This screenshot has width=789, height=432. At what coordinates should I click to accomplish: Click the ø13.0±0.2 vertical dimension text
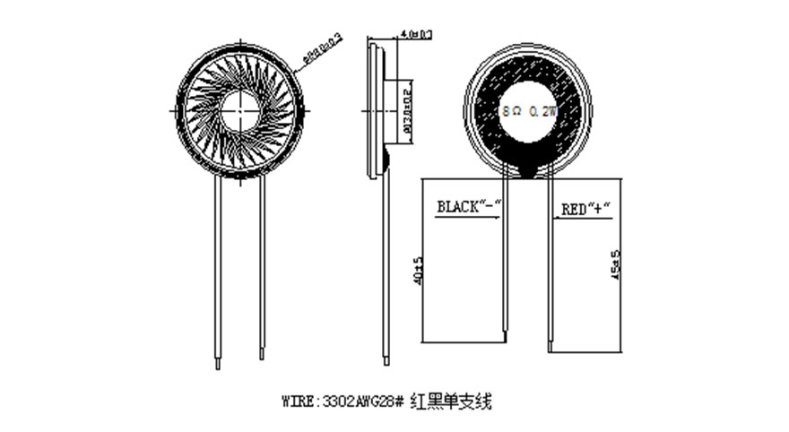(408, 108)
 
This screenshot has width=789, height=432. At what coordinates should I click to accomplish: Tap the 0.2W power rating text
(543, 112)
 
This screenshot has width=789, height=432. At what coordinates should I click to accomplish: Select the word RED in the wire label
(572, 210)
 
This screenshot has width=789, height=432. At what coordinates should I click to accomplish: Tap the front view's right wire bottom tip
(262, 358)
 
